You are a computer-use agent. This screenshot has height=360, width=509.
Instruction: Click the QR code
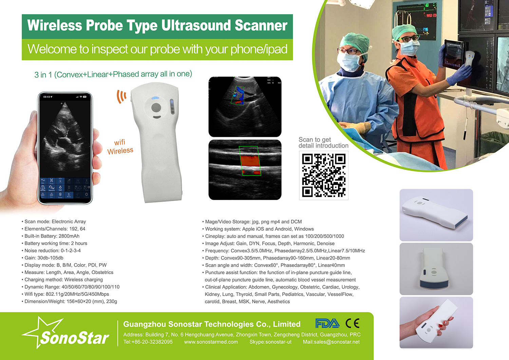pyautogui.click(x=324, y=175)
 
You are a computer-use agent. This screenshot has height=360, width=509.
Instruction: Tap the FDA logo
pyautogui.click(x=327, y=323)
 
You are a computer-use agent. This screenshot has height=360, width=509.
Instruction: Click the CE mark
pyautogui.click(x=353, y=323)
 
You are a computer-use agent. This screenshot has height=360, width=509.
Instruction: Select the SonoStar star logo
pyautogui.click(x=65, y=332)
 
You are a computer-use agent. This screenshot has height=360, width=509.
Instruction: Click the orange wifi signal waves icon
pyautogui.click(x=121, y=96)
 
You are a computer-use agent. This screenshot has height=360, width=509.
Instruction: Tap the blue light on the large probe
pyautogui.click(x=155, y=98)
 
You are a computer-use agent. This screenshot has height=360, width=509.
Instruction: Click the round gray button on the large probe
pyautogui.click(x=156, y=108)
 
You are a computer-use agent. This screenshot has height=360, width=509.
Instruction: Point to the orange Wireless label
pyautogui.click(x=120, y=151)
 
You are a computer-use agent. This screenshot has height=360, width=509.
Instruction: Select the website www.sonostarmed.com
pyautogui.click(x=211, y=342)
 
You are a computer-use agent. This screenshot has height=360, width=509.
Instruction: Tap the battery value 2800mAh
pyautogui.click(x=69, y=236)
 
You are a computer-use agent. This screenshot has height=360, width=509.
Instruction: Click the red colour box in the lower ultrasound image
pyautogui.click(x=250, y=161)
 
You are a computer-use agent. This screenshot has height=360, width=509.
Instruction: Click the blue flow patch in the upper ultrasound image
pyautogui.click(x=239, y=93)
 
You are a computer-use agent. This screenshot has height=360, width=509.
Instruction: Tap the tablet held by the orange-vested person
pyautogui.click(x=453, y=55)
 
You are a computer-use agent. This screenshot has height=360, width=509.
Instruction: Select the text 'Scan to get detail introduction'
pyautogui.click(x=323, y=143)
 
